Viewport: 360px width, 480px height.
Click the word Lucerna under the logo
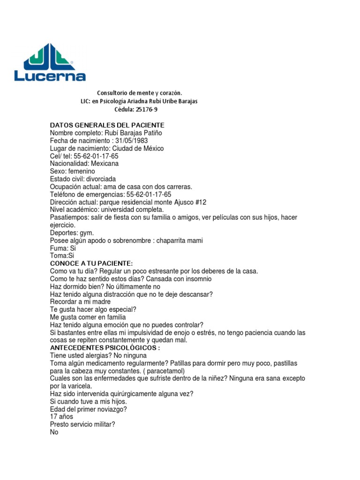click(x=50, y=76)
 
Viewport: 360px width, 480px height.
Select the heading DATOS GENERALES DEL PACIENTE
click(x=107, y=125)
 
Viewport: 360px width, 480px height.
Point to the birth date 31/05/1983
click(x=135, y=141)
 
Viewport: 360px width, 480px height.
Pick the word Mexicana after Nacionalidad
click(x=105, y=164)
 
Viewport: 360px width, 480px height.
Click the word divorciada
click(x=100, y=179)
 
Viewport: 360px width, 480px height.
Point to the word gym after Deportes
click(x=87, y=233)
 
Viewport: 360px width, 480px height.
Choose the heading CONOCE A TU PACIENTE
click(x=91, y=263)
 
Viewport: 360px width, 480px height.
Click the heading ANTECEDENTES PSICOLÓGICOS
click(x=105, y=348)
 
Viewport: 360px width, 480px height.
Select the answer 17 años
click(x=61, y=417)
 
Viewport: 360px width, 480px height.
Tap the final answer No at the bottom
click(x=54, y=432)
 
